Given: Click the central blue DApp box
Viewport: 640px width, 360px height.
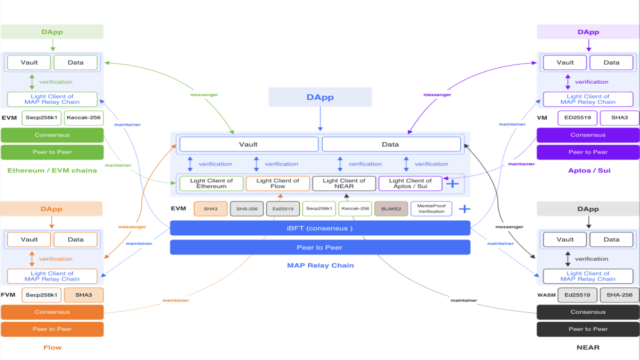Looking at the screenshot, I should click(320, 98).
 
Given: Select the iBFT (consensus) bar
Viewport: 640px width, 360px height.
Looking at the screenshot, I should click(320, 228).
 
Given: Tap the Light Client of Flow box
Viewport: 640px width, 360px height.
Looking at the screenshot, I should click(277, 183).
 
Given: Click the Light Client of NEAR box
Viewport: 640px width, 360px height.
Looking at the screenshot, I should click(344, 183).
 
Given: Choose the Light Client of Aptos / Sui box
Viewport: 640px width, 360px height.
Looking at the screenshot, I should click(410, 183).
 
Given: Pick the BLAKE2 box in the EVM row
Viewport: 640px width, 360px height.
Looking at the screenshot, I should click(391, 209).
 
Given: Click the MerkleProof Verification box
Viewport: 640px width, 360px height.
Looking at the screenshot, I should click(431, 209).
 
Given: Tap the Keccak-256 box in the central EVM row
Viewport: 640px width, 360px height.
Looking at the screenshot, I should click(355, 209).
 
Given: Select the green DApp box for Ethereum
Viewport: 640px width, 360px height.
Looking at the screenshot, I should click(52, 32).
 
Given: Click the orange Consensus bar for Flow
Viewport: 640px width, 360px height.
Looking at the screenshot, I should click(52, 312).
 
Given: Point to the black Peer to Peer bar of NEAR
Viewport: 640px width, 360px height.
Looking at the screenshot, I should click(588, 329).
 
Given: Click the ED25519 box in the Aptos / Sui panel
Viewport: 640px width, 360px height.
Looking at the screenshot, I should click(577, 118).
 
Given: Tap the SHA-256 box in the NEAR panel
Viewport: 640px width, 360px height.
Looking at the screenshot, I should click(619, 295).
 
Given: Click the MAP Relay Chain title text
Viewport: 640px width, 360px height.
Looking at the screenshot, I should click(320, 265).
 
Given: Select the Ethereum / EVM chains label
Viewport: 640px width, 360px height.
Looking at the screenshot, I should click(52, 170).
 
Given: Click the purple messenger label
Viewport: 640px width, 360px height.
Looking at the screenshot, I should click(437, 95).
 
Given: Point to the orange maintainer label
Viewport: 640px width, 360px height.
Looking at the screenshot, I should click(175, 300).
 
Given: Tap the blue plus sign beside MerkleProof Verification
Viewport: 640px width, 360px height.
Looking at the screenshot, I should click(465, 209).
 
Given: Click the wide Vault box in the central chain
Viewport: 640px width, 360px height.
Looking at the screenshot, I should click(249, 144).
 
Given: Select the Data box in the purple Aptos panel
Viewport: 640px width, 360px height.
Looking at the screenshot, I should click(611, 62).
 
